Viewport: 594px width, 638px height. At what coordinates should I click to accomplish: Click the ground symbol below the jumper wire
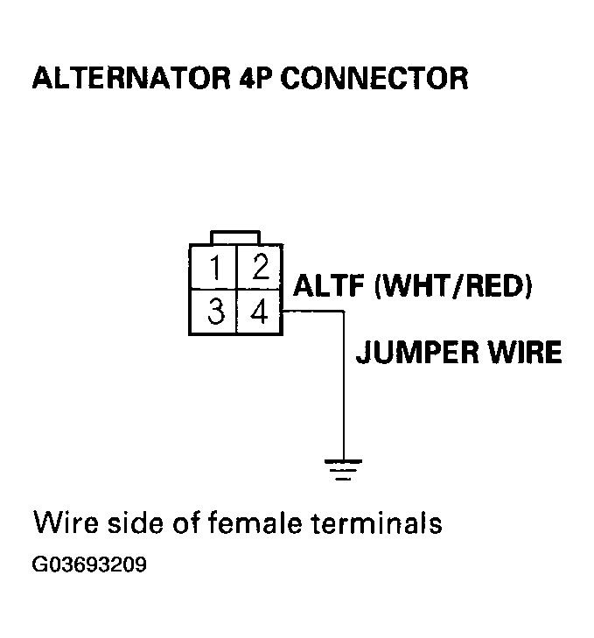341,468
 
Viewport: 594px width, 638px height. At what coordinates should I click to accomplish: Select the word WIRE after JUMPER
520,353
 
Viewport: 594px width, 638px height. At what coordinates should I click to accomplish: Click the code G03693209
89,565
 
